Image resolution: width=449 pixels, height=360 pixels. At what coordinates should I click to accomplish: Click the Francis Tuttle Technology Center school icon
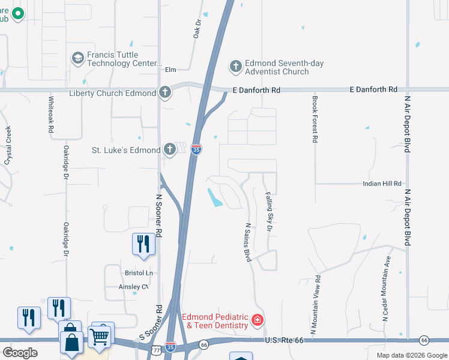pyautogui.click(x=77, y=58)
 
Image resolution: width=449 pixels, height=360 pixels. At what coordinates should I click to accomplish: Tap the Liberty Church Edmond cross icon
pyautogui.click(x=165, y=92)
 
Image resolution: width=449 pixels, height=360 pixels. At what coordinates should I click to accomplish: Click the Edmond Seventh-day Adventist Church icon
pyautogui.click(x=235, y=66)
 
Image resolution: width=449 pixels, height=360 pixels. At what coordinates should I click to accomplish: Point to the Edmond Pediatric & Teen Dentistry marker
pyautogui.click(x=258, y=320)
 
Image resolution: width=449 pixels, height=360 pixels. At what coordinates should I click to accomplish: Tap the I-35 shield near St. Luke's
pyautogui.click(x=196, y=148)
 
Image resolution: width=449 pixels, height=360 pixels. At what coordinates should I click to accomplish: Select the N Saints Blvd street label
pyautogui.click(x=247, y=242)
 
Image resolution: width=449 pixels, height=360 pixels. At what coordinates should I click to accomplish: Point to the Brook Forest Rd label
pyautogui.click(x=314, y=119)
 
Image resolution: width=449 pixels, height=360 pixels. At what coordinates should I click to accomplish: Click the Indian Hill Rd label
pyautogui.click(x=381, y=184)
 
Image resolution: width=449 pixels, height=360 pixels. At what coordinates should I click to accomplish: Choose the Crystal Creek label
pyautogui.click(x=8, y=145)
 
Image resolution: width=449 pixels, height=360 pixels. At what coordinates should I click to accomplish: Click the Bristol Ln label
pyautogui.click(x=139, y=273)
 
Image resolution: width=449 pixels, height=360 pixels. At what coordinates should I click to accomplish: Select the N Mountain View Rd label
pyautogui.click(x=314, y=305)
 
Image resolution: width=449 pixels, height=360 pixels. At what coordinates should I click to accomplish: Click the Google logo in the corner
pyautogui.click(x=20, y=353)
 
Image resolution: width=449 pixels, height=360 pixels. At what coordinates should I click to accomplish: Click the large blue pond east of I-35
pyautogui.click(x=214, y=197)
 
